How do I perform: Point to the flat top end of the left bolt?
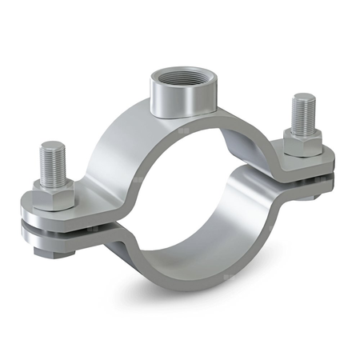click(x=52, y=147)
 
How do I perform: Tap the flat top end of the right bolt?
click(x=303, y=98)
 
